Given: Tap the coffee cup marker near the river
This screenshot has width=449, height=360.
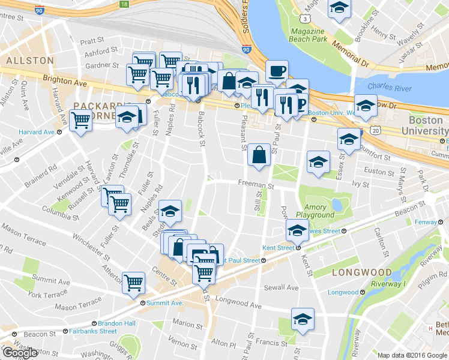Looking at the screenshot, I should coord(277,71).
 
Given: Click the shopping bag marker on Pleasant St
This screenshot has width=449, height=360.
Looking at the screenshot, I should coord(259,155).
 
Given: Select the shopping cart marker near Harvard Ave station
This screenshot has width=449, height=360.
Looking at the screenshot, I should coord(80,119).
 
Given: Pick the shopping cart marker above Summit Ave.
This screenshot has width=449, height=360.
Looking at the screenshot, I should coord(133,282).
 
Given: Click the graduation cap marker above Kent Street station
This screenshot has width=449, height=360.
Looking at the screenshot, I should coord(297,230).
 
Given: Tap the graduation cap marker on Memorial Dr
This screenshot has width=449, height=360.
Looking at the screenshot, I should coord(339,9).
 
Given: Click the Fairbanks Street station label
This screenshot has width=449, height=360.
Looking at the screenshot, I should coord(92,331).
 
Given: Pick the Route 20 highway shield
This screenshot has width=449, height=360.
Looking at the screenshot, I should coord(376,130).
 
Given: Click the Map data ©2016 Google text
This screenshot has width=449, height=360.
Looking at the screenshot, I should coord(412,355).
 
